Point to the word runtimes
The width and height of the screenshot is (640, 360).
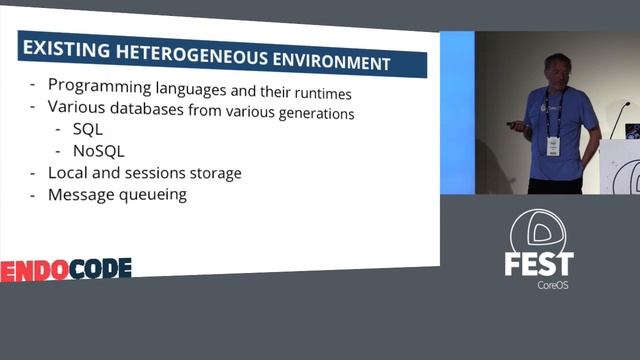click(x=317, y=93)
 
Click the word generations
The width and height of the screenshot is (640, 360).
click(x=313, y=114)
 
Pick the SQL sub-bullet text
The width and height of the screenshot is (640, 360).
click(x=88, y=129)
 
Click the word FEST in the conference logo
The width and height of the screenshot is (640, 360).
click(x=538, y=265)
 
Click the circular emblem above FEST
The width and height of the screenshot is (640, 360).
click(x=538, y=229)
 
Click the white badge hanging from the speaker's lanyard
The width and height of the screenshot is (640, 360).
click(x=553, y=145)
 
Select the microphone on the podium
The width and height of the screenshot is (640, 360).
click(x=618, y=119)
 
